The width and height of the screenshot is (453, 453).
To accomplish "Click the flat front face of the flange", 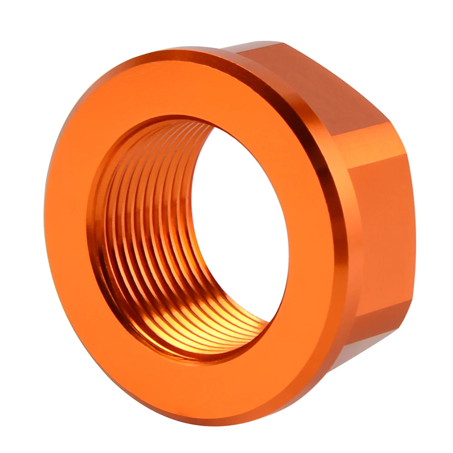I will (x=72, y=272).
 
